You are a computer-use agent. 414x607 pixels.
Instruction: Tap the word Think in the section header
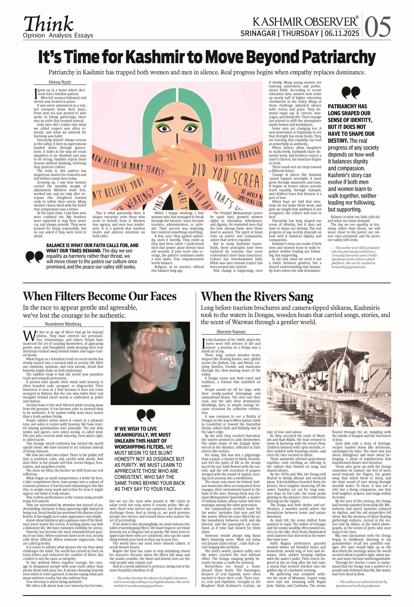click(x=49, y=24)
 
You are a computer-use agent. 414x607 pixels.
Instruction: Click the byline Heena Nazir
click(x=60, y=82)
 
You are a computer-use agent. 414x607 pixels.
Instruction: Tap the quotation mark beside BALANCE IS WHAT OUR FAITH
click(x=34, y=257)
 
